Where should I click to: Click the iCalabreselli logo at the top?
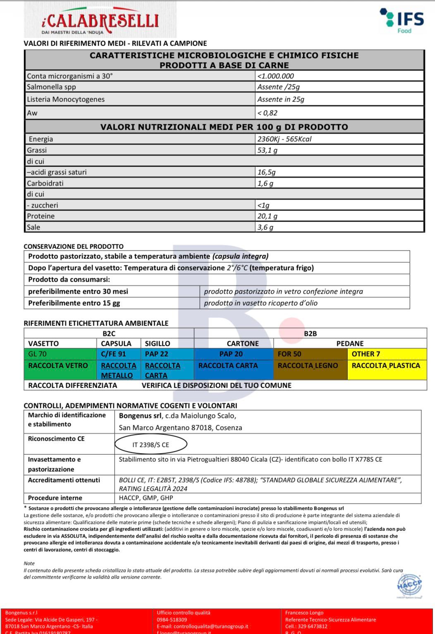tap(100, 21)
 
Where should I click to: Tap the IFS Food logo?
tap(402, 21)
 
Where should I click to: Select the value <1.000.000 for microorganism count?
tap(276, 76)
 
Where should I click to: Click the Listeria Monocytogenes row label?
tap(66, 99)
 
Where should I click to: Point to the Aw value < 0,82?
tap(268, 113)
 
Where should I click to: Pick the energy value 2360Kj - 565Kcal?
tap(284, 139)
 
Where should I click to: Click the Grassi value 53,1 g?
tap(268, 150)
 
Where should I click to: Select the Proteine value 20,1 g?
tap(268, 216)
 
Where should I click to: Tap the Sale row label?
tap(33, 227)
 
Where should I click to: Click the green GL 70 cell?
tap(38, 354)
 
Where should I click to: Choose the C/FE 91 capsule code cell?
tap(113, 354)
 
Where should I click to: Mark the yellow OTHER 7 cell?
tap(366, 354)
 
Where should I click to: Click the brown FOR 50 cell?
tap(289, 354)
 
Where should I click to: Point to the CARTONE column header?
tap(243, 344)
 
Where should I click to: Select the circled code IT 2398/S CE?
tap(151, 445)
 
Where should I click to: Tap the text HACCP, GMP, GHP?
tap(146, 498)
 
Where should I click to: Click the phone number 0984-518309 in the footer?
tap(172, 620)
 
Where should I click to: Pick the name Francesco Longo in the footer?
tap(304, 613)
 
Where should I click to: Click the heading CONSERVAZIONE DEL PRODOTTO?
tap(74, 246)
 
